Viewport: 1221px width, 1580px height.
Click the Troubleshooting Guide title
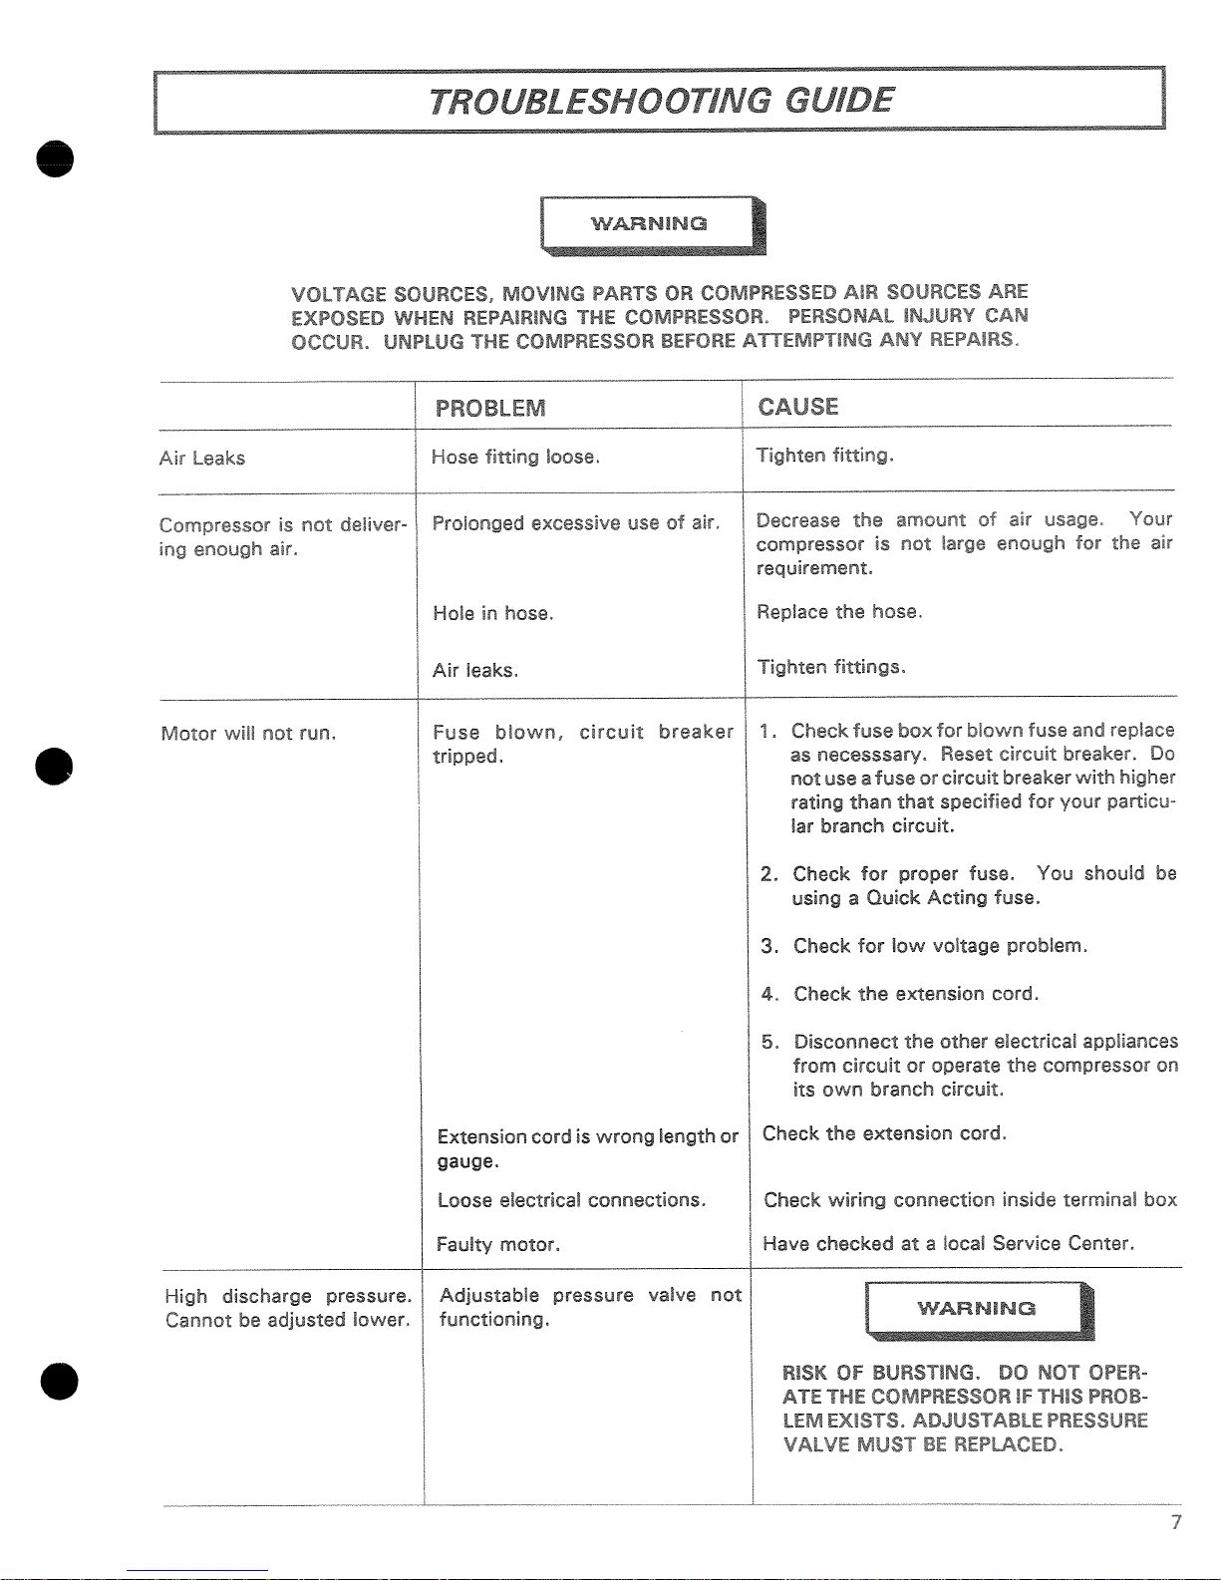661,101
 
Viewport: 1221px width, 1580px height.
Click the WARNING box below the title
651,224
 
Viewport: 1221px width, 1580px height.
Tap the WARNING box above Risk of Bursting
977,1309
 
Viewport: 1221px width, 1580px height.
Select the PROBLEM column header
490,409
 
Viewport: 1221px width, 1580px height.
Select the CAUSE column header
798,407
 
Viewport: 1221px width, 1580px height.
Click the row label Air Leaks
202,459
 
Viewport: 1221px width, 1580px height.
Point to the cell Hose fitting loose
515,458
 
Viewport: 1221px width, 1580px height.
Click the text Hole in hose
492,614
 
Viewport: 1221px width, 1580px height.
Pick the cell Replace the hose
839,612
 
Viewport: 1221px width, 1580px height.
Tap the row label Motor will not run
248,734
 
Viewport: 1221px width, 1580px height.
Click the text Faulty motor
498,1245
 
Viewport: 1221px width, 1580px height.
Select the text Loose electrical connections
571,1200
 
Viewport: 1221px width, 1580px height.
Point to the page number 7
1176,1522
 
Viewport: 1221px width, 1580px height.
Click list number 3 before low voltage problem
768,946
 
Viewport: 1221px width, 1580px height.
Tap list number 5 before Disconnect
769,1043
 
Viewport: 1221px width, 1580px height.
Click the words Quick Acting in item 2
927,898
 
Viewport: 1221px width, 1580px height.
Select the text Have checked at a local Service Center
948,1244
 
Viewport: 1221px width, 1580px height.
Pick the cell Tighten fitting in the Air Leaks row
824,456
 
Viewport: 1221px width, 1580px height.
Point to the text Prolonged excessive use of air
575,523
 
